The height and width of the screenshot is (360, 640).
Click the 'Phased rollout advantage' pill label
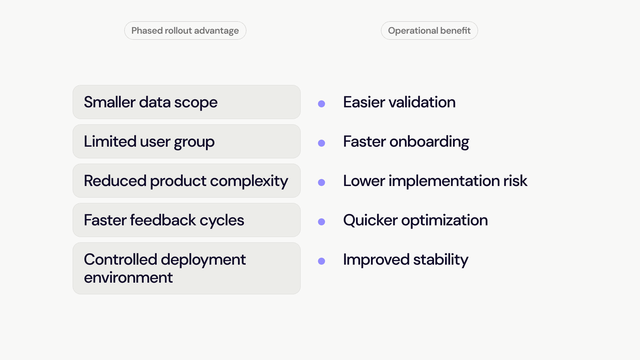coord(185,31)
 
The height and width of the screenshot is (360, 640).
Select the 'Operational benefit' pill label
coord(429,31)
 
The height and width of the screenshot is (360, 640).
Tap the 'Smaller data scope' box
coord(187,102)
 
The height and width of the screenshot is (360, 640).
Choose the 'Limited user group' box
coord(187,141)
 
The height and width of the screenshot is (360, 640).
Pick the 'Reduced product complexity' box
coord(187,181)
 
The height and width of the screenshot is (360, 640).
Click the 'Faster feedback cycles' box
coord(187,220)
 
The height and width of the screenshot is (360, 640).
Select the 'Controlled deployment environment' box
coord(187,268)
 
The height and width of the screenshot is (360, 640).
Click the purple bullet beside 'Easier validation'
coord(322,104)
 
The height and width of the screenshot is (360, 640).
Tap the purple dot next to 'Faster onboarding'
coord(322,143)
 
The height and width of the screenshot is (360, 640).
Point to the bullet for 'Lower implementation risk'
coord(322,183)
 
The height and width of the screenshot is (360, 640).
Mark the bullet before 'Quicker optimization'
coord(322,222)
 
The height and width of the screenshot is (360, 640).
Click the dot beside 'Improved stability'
coord(322,261)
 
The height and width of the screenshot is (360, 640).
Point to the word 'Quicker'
coord(370,221)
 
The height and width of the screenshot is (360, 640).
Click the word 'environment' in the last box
coord(128,278)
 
